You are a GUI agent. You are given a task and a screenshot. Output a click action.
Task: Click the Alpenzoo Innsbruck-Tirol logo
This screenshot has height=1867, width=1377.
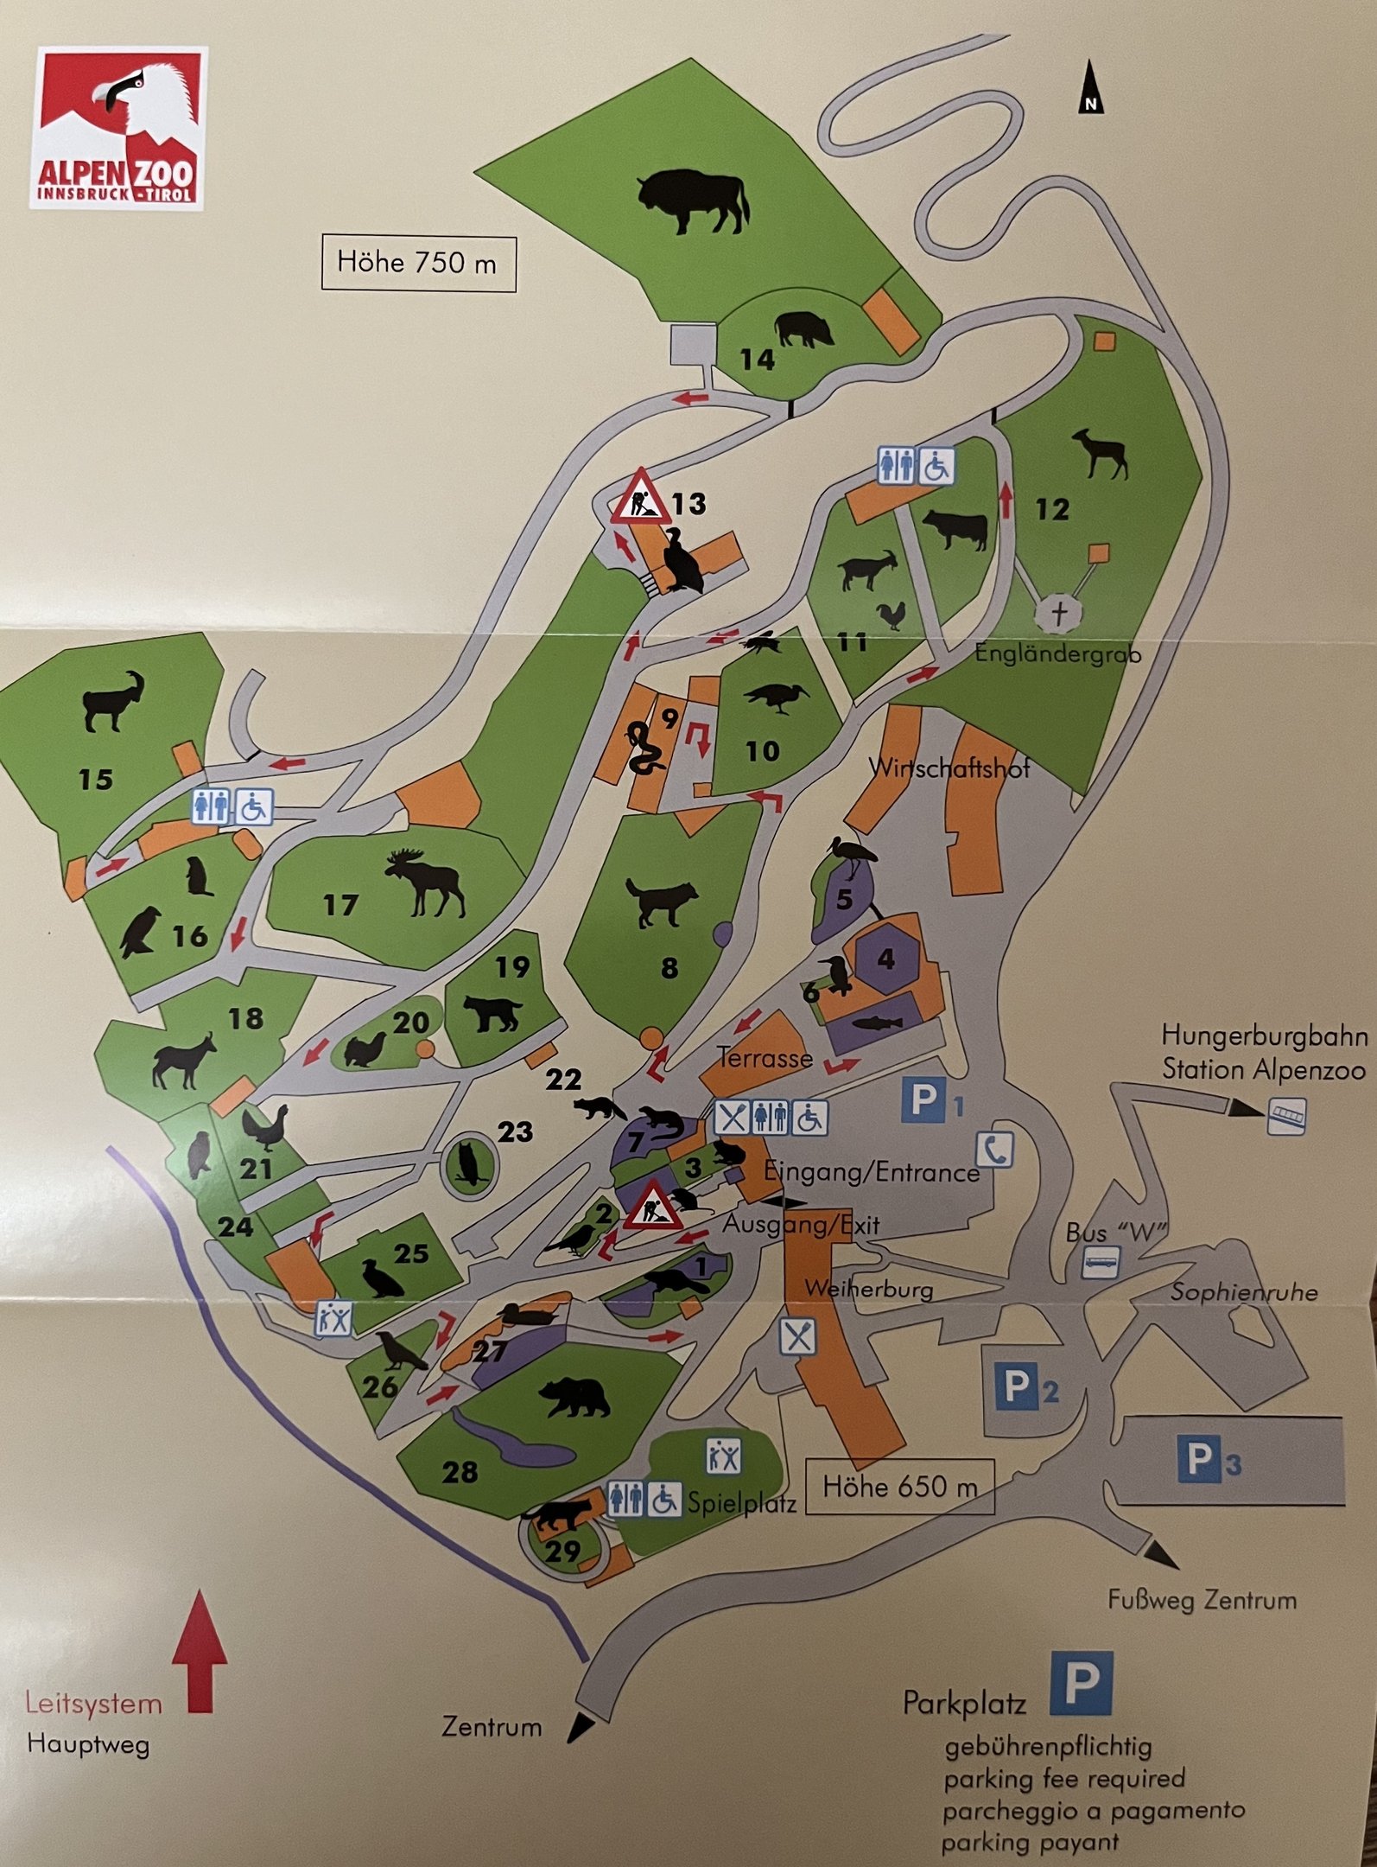(118, 128)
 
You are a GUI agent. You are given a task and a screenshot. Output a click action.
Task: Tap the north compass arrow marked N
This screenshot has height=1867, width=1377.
(1090, 88)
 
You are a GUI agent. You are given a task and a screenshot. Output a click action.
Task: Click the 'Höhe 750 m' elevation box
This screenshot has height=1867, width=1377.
(418, 263)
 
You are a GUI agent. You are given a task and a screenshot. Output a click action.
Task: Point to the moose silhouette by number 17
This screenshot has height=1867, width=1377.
(426, 882)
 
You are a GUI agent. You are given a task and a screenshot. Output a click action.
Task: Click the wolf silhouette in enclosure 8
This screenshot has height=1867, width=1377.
(661, 902)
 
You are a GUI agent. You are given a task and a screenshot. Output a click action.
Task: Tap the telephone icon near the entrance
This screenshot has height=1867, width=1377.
(995, 1150)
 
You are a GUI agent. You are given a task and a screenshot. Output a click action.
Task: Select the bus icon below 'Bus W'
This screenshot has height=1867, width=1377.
(1101, 1261)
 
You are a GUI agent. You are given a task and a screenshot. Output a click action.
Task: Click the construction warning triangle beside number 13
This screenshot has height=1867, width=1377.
(639, 499)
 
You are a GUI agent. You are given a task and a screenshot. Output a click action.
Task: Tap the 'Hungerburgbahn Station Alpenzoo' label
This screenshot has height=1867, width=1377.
(1263, 1052)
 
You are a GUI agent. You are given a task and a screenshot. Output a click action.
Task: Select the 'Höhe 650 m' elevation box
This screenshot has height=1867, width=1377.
(899, 1488)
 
